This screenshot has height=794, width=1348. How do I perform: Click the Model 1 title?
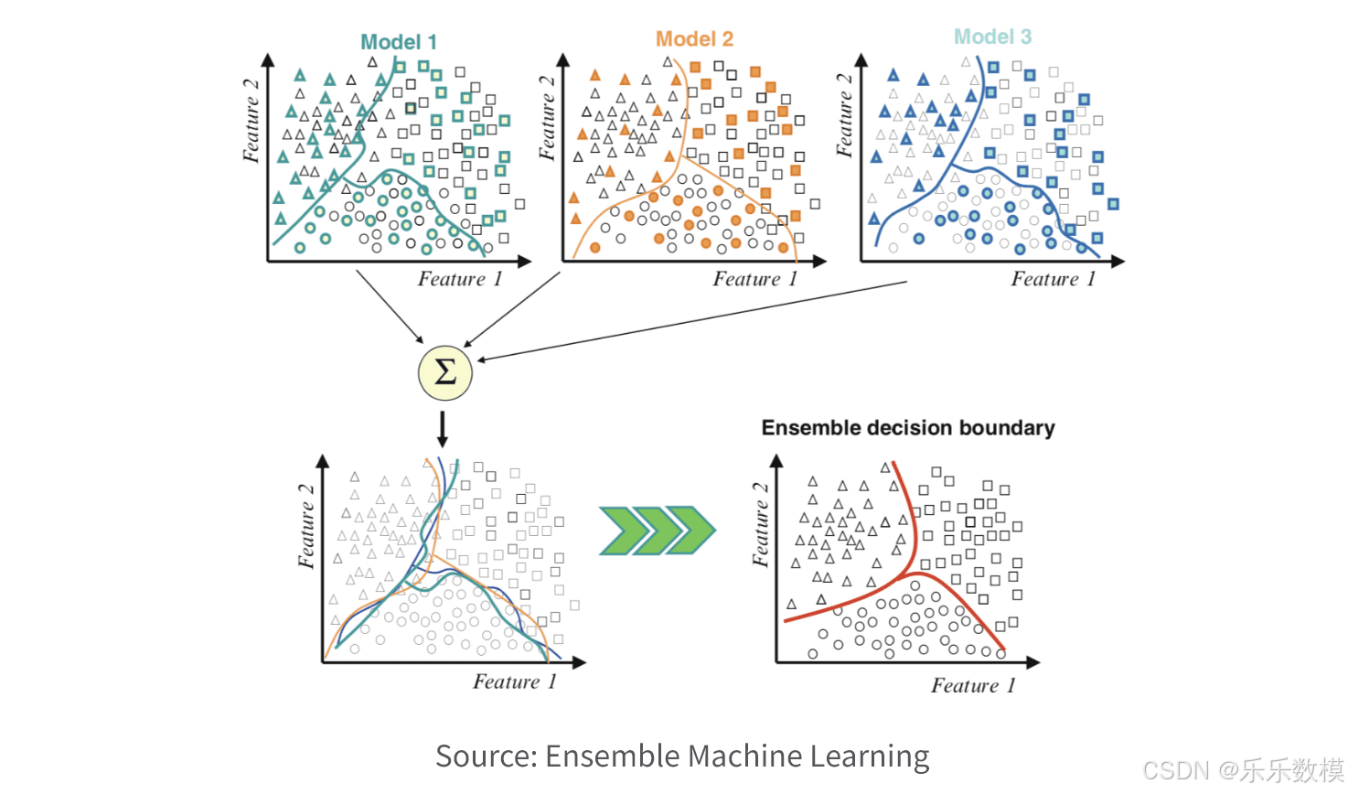click(x=399, y=42)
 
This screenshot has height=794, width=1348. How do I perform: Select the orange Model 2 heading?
click(x=694, y=39)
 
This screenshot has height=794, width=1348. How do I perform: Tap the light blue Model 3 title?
click(x=992, y=37)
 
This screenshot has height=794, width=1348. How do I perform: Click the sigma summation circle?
click(x=444, y=373)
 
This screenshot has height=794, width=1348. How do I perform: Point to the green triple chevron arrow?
click(x=657, y=530)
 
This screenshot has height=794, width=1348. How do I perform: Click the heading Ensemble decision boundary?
click(x=908, y=428)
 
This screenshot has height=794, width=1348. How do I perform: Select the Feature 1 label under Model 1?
click(x=460, y=279)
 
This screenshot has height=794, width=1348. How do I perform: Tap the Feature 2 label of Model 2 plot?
click(x=547, y=118)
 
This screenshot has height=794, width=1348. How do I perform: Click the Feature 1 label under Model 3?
click(x=1053, y=279)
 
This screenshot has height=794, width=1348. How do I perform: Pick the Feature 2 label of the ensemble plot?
click(x=761, y=525)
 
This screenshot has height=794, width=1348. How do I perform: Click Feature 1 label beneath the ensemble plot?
click(x=973, y=686)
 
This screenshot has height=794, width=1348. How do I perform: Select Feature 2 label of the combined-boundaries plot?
click(x=306, y=526)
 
